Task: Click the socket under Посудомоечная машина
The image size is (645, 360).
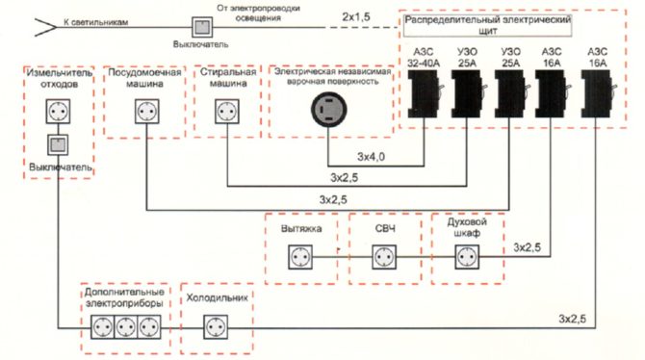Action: [144, 113]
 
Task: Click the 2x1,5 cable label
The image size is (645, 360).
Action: [355, 17]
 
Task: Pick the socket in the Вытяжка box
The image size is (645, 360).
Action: [300, 258]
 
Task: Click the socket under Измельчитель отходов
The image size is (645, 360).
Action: [58, 113]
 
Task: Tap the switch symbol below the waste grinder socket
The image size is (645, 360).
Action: [58, 146]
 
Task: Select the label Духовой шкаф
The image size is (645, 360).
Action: [466, 227]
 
